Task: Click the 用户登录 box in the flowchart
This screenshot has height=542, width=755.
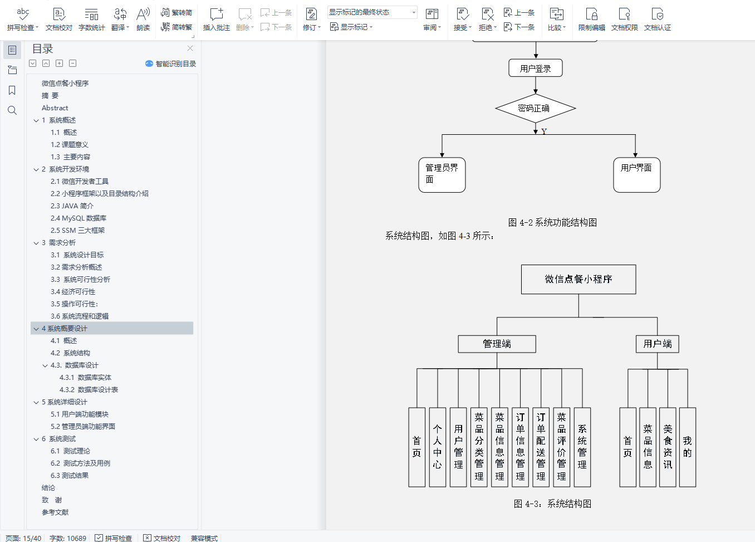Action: [x=535, y=68]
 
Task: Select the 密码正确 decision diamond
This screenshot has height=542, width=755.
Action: [x=535, y=108]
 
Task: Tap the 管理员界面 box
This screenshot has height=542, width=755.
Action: [x=442, y=175]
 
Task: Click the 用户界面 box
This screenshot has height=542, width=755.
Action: [x=636, y=175]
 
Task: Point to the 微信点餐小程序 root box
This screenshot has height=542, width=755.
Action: [x=578, y=279]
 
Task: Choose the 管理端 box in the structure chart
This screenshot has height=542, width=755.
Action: [x=497, y=344]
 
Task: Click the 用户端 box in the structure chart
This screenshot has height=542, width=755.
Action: [x=657, y=344]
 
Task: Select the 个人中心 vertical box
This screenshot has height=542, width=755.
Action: [x=438, y=447]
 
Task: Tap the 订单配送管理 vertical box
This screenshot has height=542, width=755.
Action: [x=541, y=447]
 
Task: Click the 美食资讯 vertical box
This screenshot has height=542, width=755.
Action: [x=668, y=447]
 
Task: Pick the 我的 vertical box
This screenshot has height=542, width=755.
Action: [x=688, y=447]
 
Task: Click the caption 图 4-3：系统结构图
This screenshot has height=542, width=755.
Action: [x=552, y=504]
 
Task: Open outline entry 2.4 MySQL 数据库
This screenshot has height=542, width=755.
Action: [x=79, y=218]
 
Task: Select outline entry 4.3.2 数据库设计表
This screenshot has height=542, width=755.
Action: [x=89, y=390]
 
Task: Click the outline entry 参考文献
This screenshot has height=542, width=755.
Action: [x=55, y=512]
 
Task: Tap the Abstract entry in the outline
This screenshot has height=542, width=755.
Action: [x=55, y=108]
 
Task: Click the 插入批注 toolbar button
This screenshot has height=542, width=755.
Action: [x=217, y=19]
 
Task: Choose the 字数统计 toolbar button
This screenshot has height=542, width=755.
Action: [x=92, y=19]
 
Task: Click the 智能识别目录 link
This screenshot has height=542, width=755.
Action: [x=171, y=64]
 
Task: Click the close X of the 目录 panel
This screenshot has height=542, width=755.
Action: [x=190, y=48]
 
